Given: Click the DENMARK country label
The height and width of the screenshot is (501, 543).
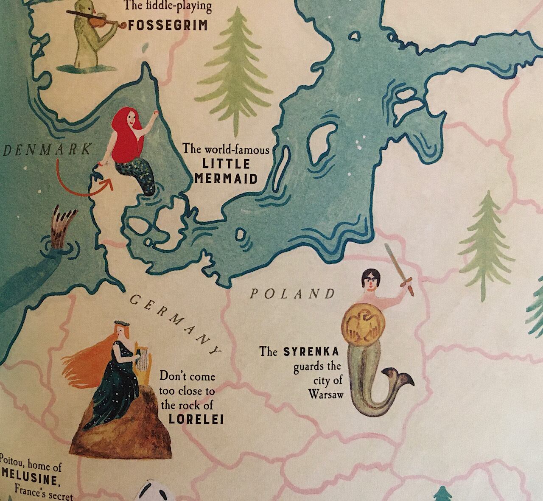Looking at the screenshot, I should click(47, 150).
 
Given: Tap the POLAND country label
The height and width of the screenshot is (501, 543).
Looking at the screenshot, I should click(292, 294).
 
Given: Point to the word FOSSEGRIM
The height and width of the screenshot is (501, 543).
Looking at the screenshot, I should click(168, 25).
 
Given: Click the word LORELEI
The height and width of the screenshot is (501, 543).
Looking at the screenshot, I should click(196, 419).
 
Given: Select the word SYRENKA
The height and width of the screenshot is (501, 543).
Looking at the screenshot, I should click(311, 352).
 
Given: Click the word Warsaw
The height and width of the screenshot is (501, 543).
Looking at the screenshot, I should click(325, 394).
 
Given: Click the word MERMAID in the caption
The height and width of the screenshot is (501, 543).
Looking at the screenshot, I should click(227, 179).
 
